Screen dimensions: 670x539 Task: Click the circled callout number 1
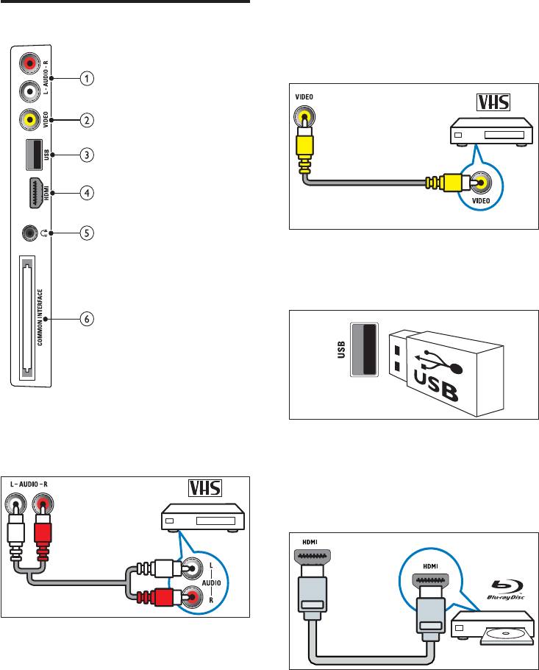pos(87,79)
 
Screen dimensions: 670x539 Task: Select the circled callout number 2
pos(87,119)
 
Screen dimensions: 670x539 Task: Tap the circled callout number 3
pos(87,155)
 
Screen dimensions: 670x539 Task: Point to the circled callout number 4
pos(87,194)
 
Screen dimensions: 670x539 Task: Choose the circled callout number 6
pos(87,319)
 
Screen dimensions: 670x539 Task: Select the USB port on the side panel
pos(30,155)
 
